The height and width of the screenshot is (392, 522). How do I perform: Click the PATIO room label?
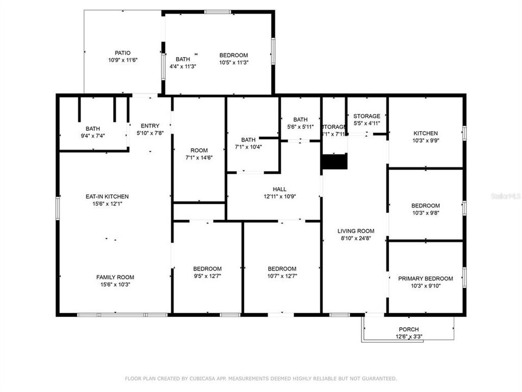122,53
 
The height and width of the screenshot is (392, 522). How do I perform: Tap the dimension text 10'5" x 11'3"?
233,62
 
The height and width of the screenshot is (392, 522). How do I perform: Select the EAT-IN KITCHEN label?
107,197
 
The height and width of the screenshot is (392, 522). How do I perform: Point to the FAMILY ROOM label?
115,277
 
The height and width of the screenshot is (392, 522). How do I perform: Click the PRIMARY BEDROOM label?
425,278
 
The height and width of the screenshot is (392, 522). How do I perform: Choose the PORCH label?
408,329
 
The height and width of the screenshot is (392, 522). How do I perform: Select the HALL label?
279,189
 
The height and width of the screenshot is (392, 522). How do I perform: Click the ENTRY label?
150,126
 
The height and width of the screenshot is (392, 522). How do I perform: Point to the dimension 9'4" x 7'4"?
92,136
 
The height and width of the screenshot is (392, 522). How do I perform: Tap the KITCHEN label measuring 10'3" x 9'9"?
425,133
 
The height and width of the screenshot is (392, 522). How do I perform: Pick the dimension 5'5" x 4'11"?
366,123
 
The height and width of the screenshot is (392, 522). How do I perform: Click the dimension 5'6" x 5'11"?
300,127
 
